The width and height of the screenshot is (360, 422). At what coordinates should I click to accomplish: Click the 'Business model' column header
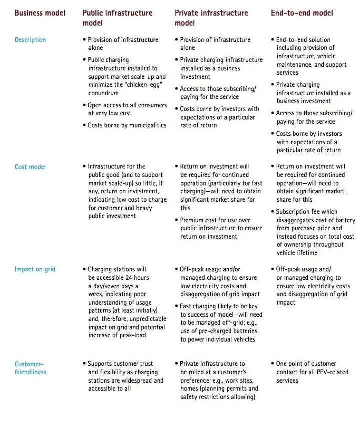tap(40, 13)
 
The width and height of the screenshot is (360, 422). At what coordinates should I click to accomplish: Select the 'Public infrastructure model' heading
tap(118, 18)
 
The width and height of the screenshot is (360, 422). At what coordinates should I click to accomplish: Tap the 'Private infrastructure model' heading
tap(211, 18)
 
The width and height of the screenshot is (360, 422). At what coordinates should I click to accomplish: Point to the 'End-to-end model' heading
tap(302, 13)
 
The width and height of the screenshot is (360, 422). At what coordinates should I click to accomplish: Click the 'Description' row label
tap(30, 40)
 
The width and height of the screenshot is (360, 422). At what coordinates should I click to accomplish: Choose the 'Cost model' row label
tap(30, 167)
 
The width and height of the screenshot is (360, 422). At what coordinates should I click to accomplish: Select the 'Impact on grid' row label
tap(35, 269)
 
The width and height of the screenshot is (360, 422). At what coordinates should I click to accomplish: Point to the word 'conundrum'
tap(106, 93)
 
